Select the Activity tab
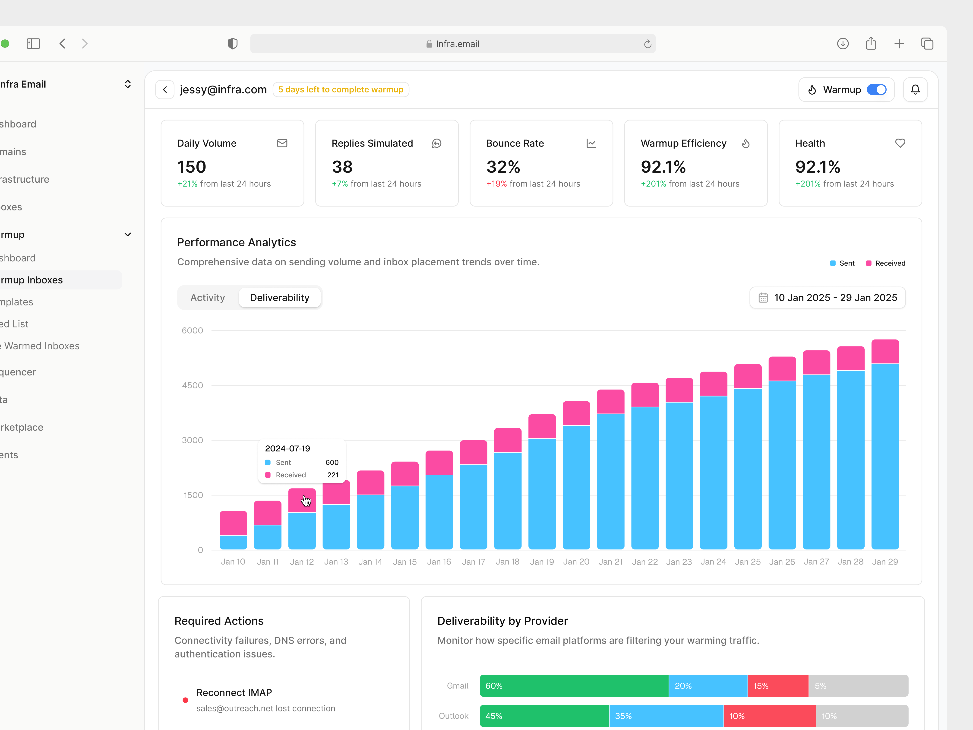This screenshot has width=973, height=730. (208, 298)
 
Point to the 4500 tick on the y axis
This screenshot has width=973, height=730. (193, 385)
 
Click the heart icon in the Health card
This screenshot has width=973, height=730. (900, 143)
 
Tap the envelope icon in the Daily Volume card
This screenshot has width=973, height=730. (282, 143)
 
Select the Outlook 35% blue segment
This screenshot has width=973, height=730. (666, 716)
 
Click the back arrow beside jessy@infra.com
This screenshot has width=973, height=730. (165, 90)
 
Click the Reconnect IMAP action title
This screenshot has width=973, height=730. (234, 693)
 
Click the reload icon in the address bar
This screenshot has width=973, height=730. (647, 44)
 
